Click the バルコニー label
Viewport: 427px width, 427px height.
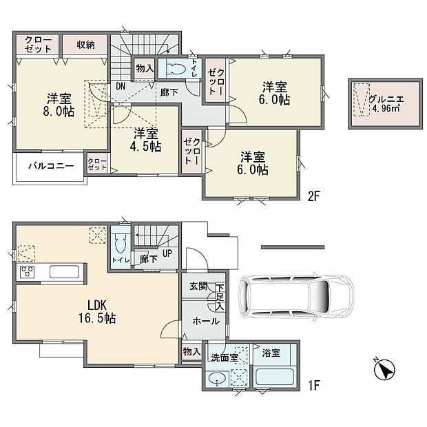point(47,166)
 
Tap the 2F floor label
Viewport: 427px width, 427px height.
point(314,196)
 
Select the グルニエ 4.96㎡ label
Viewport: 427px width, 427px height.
point(386,104)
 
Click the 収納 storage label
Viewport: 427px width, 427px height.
point(86,45)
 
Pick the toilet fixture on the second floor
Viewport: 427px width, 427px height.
point(176,68)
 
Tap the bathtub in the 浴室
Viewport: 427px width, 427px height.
point(275,377)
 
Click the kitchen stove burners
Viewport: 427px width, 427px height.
point(28,271)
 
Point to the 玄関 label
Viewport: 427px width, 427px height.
point(198,286)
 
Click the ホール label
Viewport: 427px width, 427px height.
point(201,320)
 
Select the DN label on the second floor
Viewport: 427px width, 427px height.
point(120,86)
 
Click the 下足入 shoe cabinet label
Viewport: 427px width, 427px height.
point(220,297)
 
